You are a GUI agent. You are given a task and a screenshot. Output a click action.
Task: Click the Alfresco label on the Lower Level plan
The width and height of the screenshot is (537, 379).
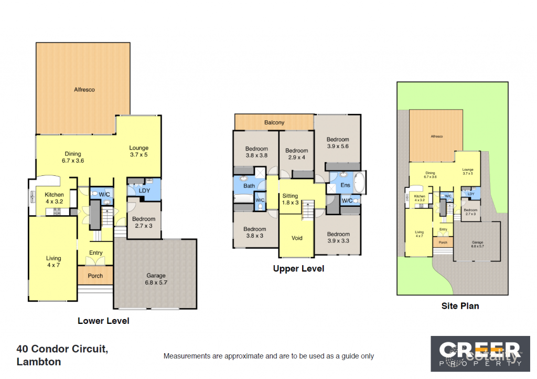coord(84,90)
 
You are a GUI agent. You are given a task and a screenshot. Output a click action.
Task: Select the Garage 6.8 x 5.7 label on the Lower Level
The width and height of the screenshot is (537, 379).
coord(156,279)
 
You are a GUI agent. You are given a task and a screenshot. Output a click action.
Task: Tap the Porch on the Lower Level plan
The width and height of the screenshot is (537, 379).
coord(95,276)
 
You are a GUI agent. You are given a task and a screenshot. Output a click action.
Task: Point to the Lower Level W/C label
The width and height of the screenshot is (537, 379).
coord(104,195)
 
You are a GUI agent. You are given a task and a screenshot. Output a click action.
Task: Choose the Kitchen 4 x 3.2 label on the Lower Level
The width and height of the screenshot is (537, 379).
coord(54,198)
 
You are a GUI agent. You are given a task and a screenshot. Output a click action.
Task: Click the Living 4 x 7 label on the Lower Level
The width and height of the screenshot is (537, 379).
coord(53,261)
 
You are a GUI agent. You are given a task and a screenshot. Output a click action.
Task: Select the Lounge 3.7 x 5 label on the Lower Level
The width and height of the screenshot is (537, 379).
coord(139,151)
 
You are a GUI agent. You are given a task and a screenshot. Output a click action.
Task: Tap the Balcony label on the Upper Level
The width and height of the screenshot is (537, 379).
coord(274,122)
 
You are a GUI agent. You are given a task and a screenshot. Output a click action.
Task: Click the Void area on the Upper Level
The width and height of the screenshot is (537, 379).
coord(297,238)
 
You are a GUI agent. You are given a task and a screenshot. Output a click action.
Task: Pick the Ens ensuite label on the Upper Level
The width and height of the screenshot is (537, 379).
coord(346,185)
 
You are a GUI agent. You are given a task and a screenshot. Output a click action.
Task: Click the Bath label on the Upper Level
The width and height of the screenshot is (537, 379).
coord(249,186)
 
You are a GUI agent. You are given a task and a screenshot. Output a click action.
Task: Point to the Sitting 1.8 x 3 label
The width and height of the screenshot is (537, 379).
coord(290,199)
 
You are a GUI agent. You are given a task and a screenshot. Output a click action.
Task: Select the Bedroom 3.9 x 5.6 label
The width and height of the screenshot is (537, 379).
coord(338,143)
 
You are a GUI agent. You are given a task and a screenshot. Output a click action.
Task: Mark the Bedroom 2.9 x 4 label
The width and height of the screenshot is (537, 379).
coord(297,154)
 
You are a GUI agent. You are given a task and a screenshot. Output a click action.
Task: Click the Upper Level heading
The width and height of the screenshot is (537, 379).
coord(298,269)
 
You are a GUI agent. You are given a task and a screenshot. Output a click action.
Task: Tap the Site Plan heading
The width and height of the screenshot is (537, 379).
coord(459,306)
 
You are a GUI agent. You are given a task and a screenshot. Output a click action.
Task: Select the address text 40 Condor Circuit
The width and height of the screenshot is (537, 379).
coord(62,349)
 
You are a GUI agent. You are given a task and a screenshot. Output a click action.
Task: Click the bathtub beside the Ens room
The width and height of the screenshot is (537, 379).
coord(360,184)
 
